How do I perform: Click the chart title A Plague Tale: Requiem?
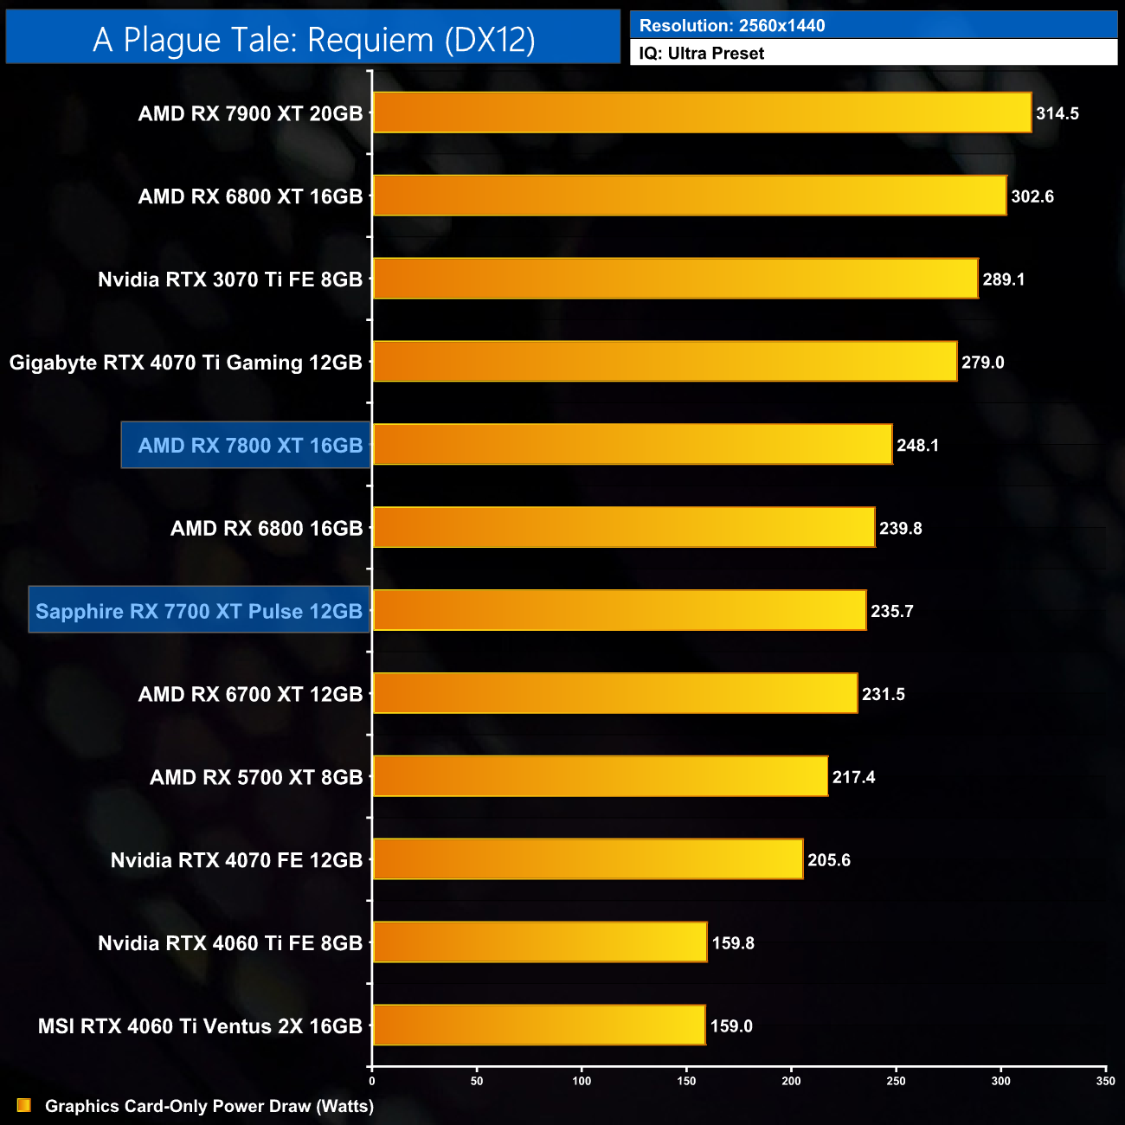(313, 40)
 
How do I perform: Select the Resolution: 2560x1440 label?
(732, 26)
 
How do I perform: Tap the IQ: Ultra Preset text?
(702, 54)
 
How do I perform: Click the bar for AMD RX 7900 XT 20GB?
(702, 112)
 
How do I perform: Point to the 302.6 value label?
(1032, 196)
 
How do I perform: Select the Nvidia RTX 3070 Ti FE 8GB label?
(230, 280)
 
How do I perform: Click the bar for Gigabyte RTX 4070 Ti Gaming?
(665, 362)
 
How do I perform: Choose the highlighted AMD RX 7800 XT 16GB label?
(249, 446)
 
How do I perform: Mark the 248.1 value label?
(917, 446)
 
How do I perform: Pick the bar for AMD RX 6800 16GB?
(624, 528)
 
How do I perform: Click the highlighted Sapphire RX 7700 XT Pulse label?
(199, 611)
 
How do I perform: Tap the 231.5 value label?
(884, 694)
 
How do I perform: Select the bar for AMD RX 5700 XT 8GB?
(600, 776)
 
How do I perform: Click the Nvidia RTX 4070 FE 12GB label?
(236, 860)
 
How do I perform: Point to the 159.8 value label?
(733, 943)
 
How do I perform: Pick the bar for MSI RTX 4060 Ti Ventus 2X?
(539, 1025)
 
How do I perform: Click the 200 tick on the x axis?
(791, 1081)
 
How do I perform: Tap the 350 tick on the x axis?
(1105, 1081)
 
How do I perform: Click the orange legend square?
(24, 1106)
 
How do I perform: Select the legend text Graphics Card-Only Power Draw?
(209, 1106)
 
